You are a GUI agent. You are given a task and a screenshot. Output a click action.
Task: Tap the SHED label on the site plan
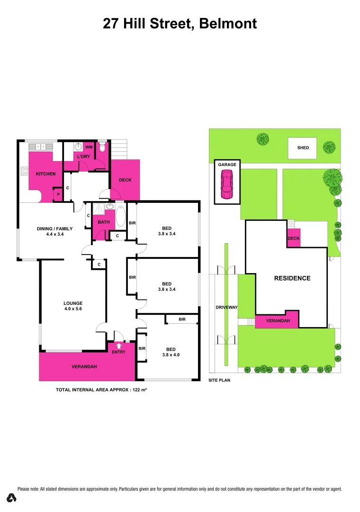303,148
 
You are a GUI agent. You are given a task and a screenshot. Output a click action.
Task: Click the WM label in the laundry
89,147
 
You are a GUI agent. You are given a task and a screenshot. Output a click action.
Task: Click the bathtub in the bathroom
120,217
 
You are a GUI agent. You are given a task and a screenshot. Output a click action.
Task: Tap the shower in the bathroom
99,209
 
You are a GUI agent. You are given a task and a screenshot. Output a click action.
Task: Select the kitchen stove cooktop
24,170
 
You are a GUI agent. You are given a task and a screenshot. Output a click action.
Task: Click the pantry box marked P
58,194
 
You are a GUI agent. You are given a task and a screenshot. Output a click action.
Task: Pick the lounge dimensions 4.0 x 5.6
73,309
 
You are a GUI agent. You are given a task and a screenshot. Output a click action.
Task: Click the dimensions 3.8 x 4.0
171,354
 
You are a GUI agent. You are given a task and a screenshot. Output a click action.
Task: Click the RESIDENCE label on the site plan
292,278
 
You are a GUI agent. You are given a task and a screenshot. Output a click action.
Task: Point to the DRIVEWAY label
226,307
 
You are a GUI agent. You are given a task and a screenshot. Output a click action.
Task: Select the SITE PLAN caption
219,380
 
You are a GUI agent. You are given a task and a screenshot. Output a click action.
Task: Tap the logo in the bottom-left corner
12,498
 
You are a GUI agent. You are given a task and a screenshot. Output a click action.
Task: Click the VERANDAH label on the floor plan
85,367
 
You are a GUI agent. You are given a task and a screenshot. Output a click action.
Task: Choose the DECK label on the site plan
294,238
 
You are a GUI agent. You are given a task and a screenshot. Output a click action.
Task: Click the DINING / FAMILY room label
54,229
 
